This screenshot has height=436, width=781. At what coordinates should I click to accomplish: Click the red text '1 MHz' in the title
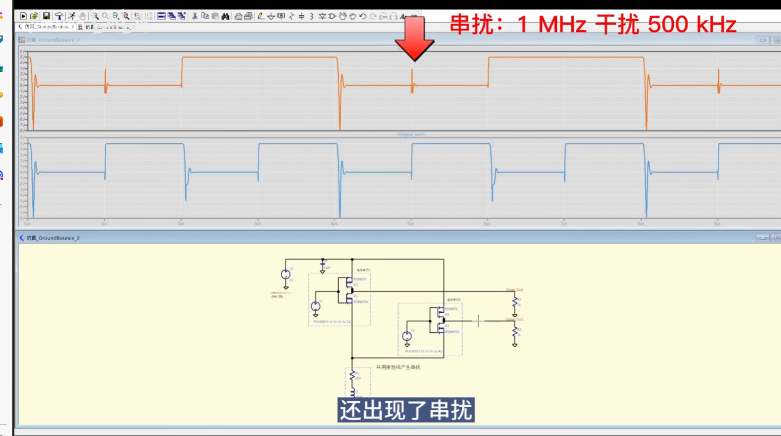pyautogui.click(x=552, y=24)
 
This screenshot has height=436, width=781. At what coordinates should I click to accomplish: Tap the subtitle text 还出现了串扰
pyautogui.click(x=405, y=410)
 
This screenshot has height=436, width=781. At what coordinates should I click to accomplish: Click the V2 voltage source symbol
pyautogui.click(x=286, y=275)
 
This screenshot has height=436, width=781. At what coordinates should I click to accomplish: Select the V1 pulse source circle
pyautogui.click(x=316, y=307)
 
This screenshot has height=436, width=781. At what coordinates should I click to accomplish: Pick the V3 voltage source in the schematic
pyautogui.click(x=407, y=336)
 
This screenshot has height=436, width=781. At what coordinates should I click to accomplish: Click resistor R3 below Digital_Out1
pyautogui.click(x=515, y=303)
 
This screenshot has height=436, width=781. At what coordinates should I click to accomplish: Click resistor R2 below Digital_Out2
pyautogui.click(x=515, y=333)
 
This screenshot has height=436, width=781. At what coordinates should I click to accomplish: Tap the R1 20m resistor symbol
pyautogui.click(x=352, y=376)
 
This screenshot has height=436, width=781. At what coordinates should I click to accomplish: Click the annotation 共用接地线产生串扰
pyautogui.click(x=398, y=367)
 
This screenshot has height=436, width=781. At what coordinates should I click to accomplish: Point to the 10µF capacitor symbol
pyautogui.click(x=323, y=265)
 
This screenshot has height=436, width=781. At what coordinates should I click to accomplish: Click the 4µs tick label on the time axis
pyautogui.click(x=334, y=224)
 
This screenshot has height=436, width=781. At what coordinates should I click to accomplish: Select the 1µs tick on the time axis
pyautogui.click(x=104, y=224)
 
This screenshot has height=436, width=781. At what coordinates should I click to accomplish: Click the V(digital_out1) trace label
pyautogui.click(x=411, y=135)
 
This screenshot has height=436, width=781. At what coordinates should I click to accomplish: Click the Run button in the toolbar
pyautogui.click(x=23, y=16)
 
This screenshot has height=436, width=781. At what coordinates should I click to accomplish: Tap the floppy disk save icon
pyautogui.click(x=46, y=16)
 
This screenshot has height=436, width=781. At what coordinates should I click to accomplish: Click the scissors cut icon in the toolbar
pyautogui.click(x=195, y=16)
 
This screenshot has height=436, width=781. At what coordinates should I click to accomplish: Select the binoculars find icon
pyautogui.click(x=225, y=16)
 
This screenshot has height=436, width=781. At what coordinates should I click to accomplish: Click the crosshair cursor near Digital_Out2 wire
pyautogui.click(x=478, y=321)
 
